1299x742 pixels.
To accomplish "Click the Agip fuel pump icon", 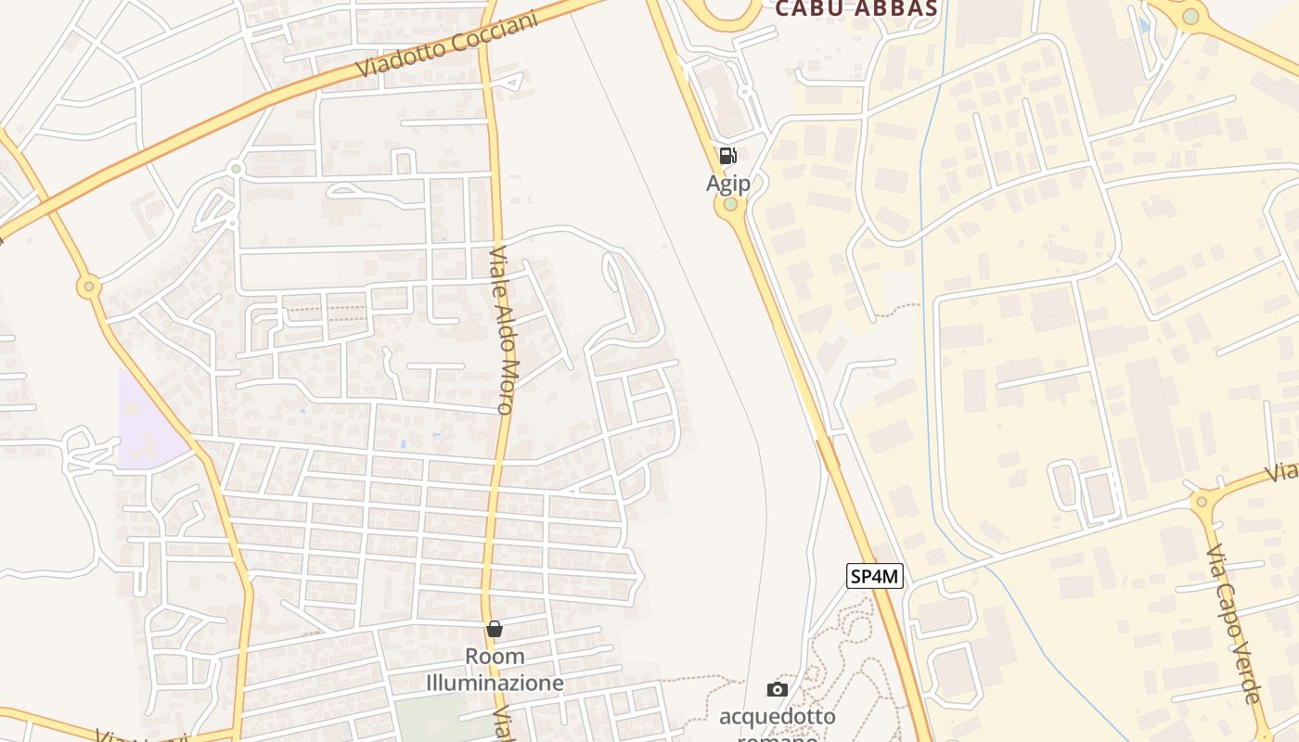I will pos(728,156).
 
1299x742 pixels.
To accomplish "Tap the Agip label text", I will pos(728,183).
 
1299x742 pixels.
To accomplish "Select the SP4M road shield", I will pos(875,576).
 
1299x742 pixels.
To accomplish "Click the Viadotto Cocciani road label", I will pos(446,45).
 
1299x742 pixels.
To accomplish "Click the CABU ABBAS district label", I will pos(855,9).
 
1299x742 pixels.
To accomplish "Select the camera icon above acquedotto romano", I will pos(778,689).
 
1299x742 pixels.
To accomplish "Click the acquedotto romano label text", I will pos(778,718).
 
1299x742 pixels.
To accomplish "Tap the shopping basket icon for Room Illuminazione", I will pos(495,629).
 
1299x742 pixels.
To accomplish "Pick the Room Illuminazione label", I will pos(495,670).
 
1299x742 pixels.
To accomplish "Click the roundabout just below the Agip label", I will pos(731,205).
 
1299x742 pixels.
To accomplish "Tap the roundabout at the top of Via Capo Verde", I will pos(1203,502).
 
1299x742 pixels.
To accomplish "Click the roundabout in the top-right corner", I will pos(1190,16).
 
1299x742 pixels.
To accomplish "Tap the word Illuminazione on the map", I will pos(495,684).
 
